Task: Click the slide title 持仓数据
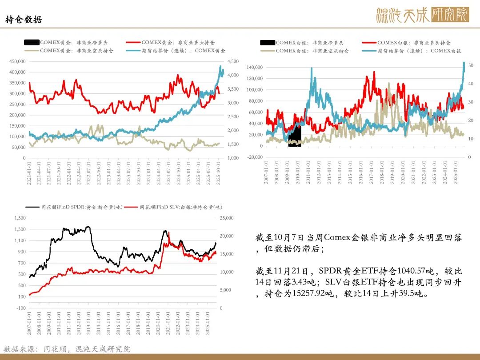click(x=24, y=20)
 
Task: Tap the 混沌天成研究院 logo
click(x=422, y=15)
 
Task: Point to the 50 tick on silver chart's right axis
click(x=471, y=65)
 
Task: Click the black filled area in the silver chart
click(x=294, y=136)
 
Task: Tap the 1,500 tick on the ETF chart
click(x=20, y=218)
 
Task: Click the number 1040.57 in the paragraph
click(x=391, y=271)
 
